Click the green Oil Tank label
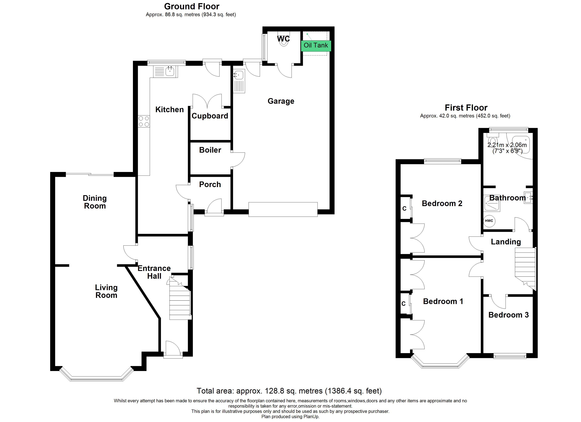coord(316,46)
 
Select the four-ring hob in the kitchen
coord(144,121)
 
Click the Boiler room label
coord(210,150)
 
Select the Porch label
coord(210,184)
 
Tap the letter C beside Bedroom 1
coord(404,304)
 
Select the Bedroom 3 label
coord(508,315)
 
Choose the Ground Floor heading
coord(192,6)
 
